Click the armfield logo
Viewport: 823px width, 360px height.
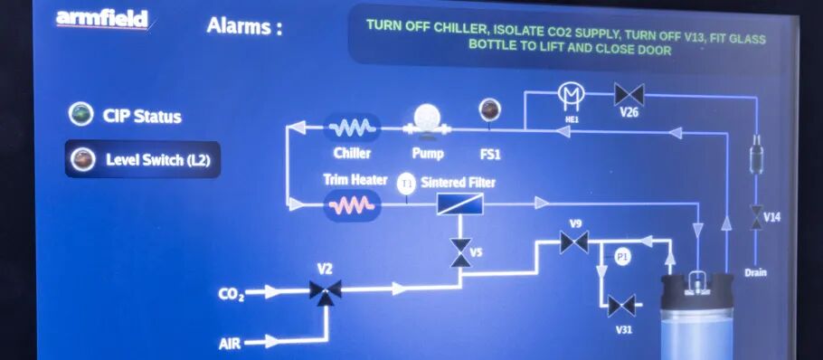[x=102, y=19]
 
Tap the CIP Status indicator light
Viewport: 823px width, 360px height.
[x=81, y=114]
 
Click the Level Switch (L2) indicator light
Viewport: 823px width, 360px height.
[x=83, y=159]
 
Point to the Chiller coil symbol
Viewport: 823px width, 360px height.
[x=352, y=128]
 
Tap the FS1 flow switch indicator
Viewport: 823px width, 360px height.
[x=489, y=110]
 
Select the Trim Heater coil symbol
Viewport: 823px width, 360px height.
[x=352, y=205]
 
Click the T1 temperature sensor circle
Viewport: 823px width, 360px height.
[x=407, y=185]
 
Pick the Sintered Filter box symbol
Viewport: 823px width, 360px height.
[x=460, y=204]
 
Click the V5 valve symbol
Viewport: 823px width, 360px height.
[x=460, y=252]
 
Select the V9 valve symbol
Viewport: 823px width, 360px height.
[x=573, y=242]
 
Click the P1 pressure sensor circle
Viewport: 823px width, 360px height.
[x=621, y=257]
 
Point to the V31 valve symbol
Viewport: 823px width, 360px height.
[x=621, y=306]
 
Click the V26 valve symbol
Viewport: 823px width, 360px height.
[x=629, y=94]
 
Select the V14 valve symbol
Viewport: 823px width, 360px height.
[x=756, y=217]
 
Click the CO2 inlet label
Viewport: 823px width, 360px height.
[x=232, y=294]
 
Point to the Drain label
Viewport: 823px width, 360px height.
[x=756, y=272]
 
